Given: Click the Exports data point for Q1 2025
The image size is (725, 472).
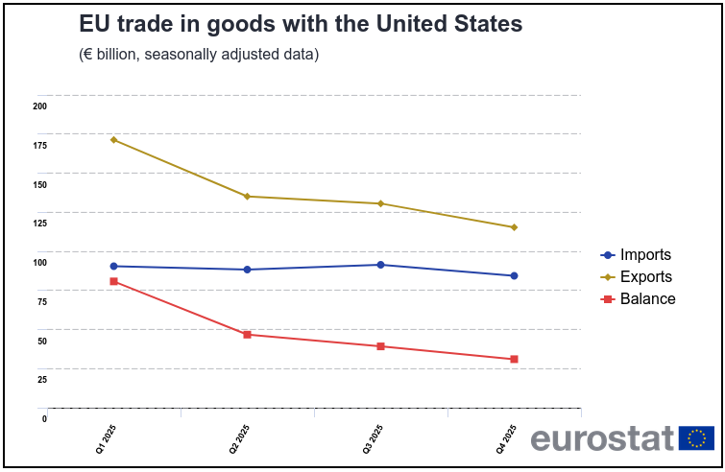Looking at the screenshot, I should (x=113, y=140).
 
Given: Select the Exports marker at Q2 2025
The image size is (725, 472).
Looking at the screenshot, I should (x=247, y=197).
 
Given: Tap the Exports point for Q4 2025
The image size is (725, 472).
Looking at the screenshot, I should (x=514, y=227).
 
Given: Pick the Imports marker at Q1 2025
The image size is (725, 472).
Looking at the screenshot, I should (x=113, y=266).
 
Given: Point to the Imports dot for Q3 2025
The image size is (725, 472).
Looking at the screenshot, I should (x=380, y=265).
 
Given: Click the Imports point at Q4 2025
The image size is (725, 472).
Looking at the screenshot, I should (x=514, y=276).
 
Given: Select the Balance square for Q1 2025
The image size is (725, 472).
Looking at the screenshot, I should (x=113, y=281).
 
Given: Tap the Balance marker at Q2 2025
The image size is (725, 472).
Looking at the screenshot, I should (x=247, y=335).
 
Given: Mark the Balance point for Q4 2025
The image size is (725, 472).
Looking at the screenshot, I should (x=514, y=359).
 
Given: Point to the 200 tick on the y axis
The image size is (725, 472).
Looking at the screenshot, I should (x=40, y=106).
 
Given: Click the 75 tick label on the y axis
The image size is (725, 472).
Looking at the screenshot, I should (x=42, y=301).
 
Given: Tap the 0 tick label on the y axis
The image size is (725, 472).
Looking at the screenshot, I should (x=44, y=418).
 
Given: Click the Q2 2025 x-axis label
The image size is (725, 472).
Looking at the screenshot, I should (x=239, y=438).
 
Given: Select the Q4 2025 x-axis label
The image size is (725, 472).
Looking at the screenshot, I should (x=506, y=438).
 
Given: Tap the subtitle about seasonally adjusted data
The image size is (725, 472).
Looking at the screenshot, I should (x=199, y=55).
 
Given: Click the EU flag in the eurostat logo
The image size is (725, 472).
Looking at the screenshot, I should (x=696, y=438).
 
